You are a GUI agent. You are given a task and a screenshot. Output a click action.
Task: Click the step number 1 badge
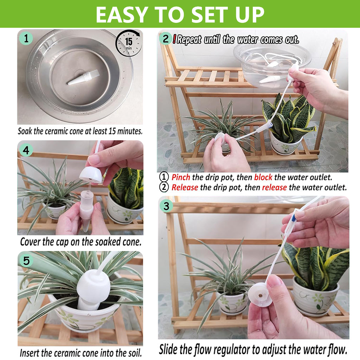26,38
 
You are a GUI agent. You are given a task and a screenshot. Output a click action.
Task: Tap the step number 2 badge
166,38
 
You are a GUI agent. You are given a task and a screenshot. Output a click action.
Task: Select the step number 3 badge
166,206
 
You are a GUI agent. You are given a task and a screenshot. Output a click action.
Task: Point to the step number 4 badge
26,150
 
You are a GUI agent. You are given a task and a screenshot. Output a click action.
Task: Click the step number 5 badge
26,261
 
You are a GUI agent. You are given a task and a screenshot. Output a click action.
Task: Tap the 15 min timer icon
128,43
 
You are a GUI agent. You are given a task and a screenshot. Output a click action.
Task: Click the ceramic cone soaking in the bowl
83,77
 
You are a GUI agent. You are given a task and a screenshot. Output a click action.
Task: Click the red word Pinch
181,177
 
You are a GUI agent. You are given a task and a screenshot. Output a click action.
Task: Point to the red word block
263,177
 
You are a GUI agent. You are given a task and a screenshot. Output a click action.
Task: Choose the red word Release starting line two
185,188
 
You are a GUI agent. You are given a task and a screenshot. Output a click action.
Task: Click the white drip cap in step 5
93,285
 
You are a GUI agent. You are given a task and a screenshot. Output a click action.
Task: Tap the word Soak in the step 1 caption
25,131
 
